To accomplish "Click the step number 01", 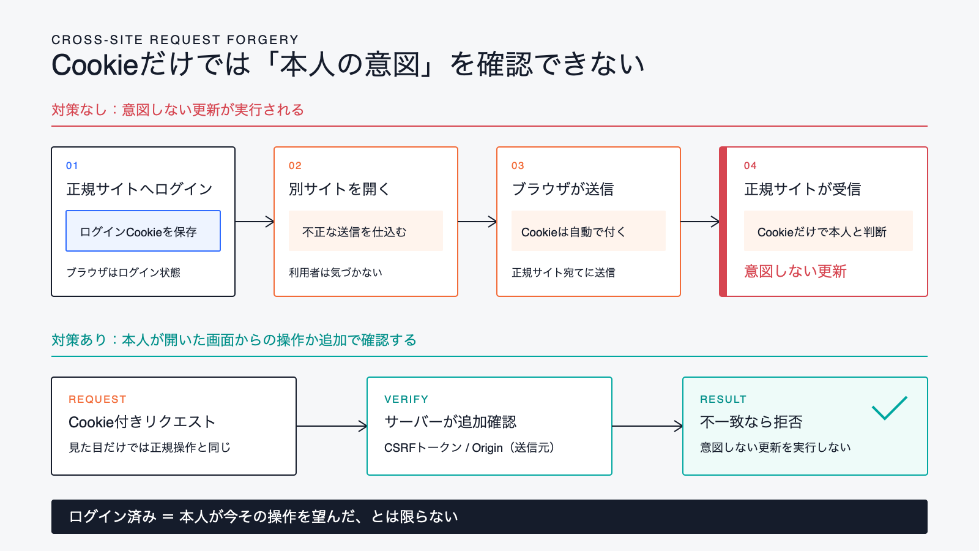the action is [x=72, y=166].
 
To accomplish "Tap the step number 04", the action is [x=750, y=166].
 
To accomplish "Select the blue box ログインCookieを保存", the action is [x=143, y=231].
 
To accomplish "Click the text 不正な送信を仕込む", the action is [x=354, y=232].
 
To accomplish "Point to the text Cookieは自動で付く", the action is [x=573, y=232].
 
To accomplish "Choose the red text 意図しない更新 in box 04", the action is [x=795, y=271].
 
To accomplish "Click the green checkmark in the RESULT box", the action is [x=890, y=408].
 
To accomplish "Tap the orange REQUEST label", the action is [x=97, y=399].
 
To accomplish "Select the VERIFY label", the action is [x=406, y=399].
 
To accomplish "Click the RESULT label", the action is [x=723, y=399].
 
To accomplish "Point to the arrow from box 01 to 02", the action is [x=255, y=222].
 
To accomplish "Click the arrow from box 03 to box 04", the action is [x=700, y=222].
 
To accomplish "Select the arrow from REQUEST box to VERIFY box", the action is [x=332, y=426].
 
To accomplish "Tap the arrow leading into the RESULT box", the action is [x=647, y=426].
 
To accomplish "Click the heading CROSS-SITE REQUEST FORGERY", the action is [x=175, y=40].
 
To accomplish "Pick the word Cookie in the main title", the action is [x=95, y=65].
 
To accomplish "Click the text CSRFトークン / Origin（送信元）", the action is [x=469, y=448].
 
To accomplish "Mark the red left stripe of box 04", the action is [x=723, y=222].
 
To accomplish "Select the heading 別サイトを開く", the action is [x=339, y=189].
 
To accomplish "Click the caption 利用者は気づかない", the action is [x=335, y=272].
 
